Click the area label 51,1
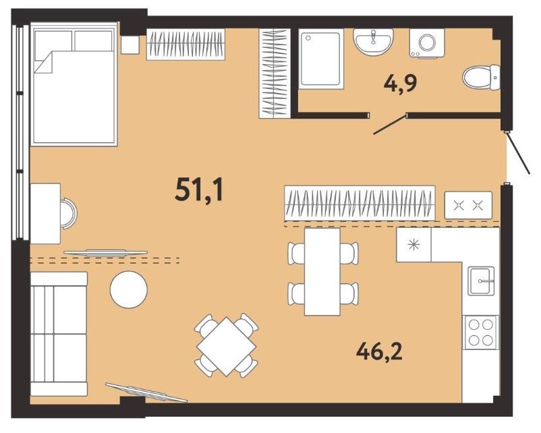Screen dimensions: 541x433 [199, 191]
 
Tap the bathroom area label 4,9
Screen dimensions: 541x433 [401, 83]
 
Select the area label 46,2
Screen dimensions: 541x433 [379, 351]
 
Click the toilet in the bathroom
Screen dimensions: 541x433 [481, 78]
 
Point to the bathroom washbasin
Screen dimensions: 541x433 [373, 42]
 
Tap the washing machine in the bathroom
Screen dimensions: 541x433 [427, 42]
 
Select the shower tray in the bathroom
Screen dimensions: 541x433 [320, 59]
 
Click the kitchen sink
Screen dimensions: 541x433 [481, 281]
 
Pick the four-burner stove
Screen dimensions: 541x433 [480, 333]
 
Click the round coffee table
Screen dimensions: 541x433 [129, 289]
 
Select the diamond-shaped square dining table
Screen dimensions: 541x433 [227, 347]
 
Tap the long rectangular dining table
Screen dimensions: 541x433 [322, 272]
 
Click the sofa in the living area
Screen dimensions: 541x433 [59, 334]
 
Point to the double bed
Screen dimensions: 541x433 [74, 84]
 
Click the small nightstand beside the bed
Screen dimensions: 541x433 [130, 45]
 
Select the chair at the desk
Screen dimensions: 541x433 [68, 214]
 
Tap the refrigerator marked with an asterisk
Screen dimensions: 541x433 [414, 245]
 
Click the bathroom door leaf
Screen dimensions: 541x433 [389, 125]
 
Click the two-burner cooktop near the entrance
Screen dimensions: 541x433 [468, 205]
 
